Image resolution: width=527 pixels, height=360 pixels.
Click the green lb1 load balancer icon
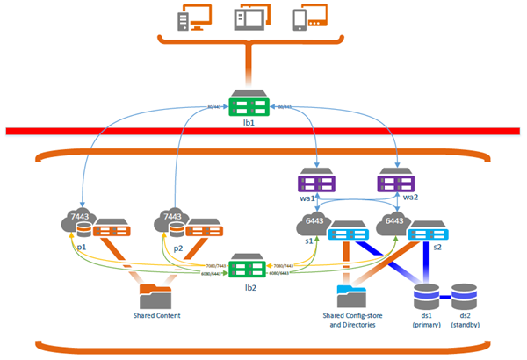249,104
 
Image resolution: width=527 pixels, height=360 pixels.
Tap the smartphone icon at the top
303,18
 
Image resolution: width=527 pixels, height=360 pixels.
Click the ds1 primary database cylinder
427,297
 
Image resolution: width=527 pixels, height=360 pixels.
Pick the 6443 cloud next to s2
393,223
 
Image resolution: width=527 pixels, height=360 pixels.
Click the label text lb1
249,125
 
